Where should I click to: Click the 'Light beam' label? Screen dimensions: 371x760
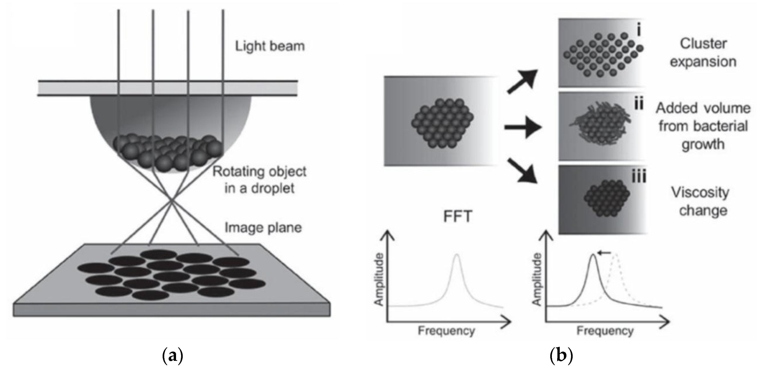(270, 46)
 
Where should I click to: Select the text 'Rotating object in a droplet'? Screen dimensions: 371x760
(259, 180)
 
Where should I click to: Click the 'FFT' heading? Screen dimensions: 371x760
(458, 216)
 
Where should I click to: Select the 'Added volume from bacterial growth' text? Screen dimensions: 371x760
(703, 126)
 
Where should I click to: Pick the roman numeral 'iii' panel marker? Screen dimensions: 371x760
(639, 177)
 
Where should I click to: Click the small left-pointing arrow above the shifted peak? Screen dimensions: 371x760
(604, 253)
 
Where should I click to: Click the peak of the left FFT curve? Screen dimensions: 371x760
(457, 255)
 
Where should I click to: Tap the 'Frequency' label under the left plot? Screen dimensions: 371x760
(446, 331)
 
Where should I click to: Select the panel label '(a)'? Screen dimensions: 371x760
(173, 356)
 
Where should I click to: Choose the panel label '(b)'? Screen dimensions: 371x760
(561, 356)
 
